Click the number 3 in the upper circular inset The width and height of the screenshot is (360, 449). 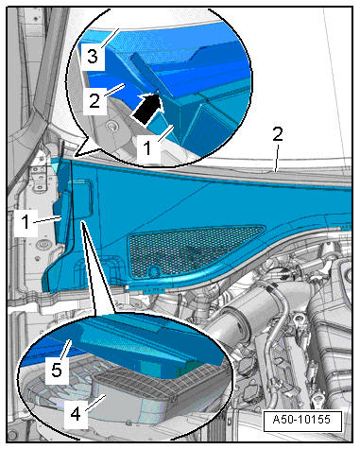tap(93, 57)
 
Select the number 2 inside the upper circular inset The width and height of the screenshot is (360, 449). tap(94, 100)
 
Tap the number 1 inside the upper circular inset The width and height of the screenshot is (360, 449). tap(147, 147)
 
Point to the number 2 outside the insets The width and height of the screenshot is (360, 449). tap(278, 134)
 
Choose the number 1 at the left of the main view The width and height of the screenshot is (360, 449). tap(26, 221)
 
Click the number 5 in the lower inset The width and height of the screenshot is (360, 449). tap(57, 370)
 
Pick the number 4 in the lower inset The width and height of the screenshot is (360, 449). tap(76, 414)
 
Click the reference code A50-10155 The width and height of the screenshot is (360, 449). tap(302, 420)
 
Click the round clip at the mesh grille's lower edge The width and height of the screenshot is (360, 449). tap(154, 270)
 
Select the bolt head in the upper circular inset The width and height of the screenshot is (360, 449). tap(111, 127)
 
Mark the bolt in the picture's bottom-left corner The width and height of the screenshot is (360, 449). tap(12, 435)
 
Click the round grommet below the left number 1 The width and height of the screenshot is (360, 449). tap(43, 245)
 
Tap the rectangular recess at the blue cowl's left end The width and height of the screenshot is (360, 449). tap(82, 199)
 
